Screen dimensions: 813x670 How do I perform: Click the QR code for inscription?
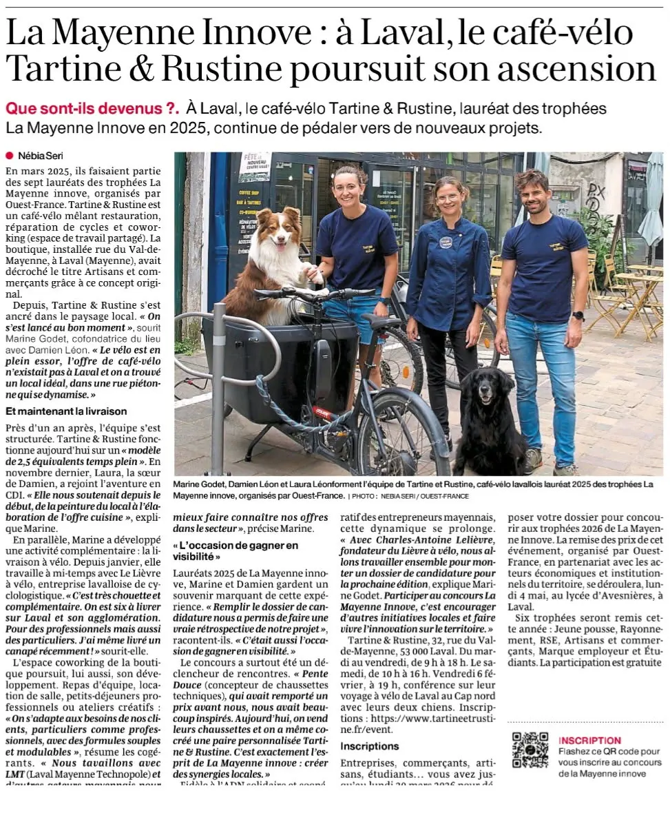coord(530,750)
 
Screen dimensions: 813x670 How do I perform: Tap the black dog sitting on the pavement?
coord(488,420)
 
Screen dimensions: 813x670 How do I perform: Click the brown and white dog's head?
coord(282,235)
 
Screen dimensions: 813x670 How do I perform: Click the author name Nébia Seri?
coord(41,156)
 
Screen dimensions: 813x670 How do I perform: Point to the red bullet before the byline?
coord(10,156)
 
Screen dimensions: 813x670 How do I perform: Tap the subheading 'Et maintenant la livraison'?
coord(66,411)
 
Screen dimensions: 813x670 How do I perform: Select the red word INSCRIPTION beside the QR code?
coord(589,740)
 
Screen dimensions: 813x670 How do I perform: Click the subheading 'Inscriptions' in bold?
coord(370,746)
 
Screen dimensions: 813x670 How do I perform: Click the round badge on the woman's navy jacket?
coord(446,242)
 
